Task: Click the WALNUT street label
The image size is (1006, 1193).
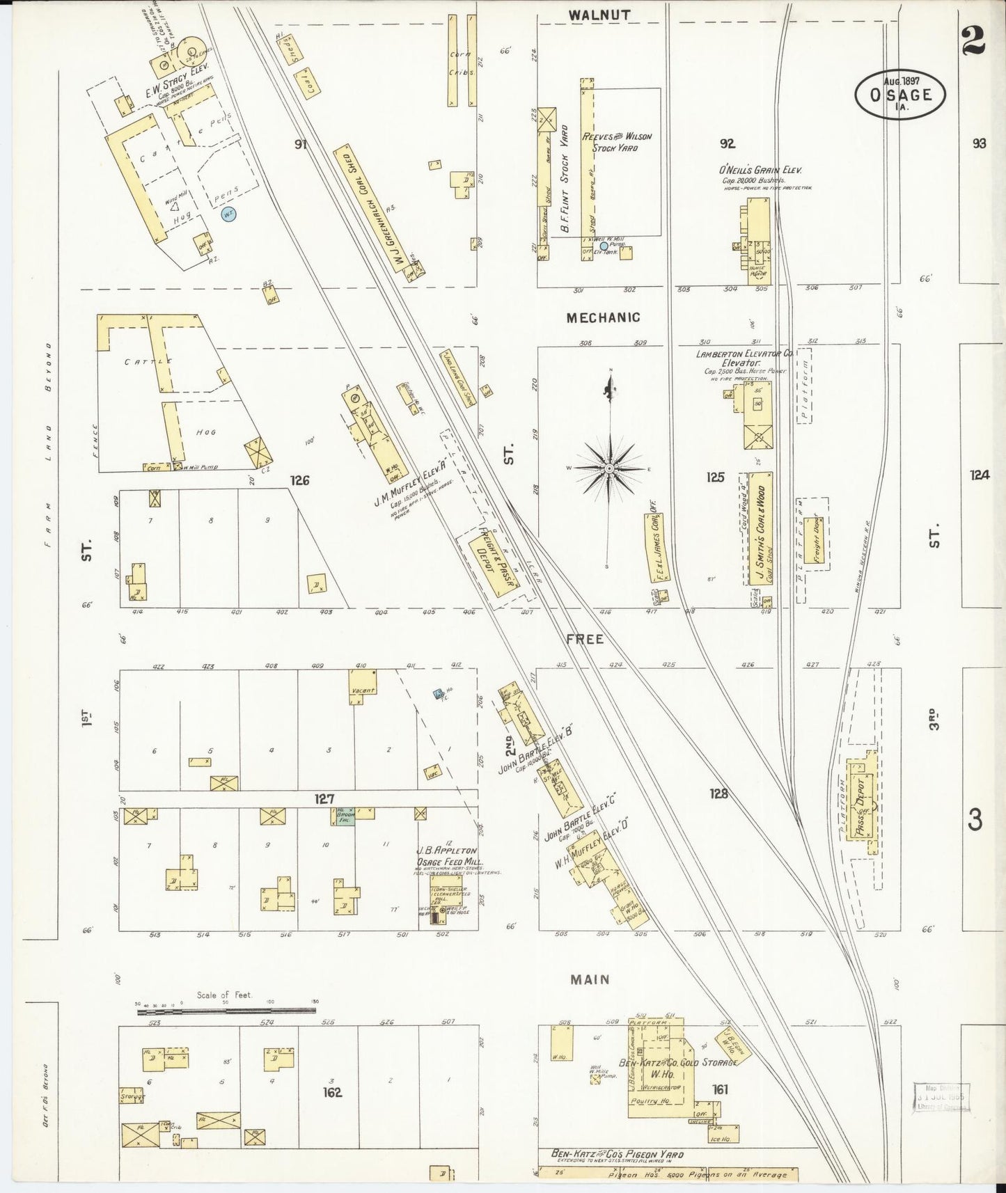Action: point(599,15)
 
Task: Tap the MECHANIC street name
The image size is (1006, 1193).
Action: point(603,317)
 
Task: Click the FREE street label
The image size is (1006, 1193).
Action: point(585,638)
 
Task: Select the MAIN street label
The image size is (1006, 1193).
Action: point(590,979)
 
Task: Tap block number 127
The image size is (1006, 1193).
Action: point(324,799)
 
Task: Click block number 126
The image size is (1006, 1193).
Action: point(300,480)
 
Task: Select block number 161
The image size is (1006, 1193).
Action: point(720,1089)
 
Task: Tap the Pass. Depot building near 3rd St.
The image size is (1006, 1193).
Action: point(861,801)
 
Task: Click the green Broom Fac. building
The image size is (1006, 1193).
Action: point(343,816)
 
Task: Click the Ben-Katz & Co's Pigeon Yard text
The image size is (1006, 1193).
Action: point(617,1154)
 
